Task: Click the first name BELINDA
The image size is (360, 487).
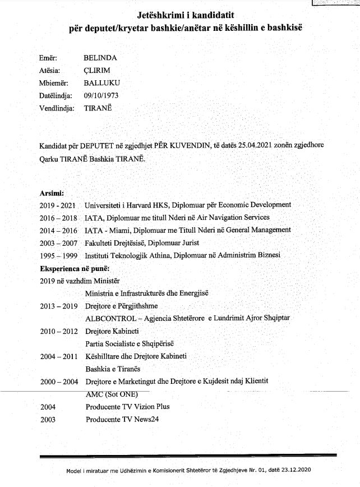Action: click(x=100, y=57)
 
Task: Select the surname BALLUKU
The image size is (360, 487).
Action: click(x=101, y=82)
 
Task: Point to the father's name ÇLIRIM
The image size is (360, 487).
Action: click(x=96, y=70)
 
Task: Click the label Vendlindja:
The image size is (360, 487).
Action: click(x=57, y=108)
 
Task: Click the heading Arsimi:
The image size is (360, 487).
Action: click(x=52, y=192)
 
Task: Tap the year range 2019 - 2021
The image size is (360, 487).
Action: click(x=58, y=205)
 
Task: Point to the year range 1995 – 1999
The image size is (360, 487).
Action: click(x=58, y=255)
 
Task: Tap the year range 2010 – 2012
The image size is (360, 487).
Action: click(x=58, y=331)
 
